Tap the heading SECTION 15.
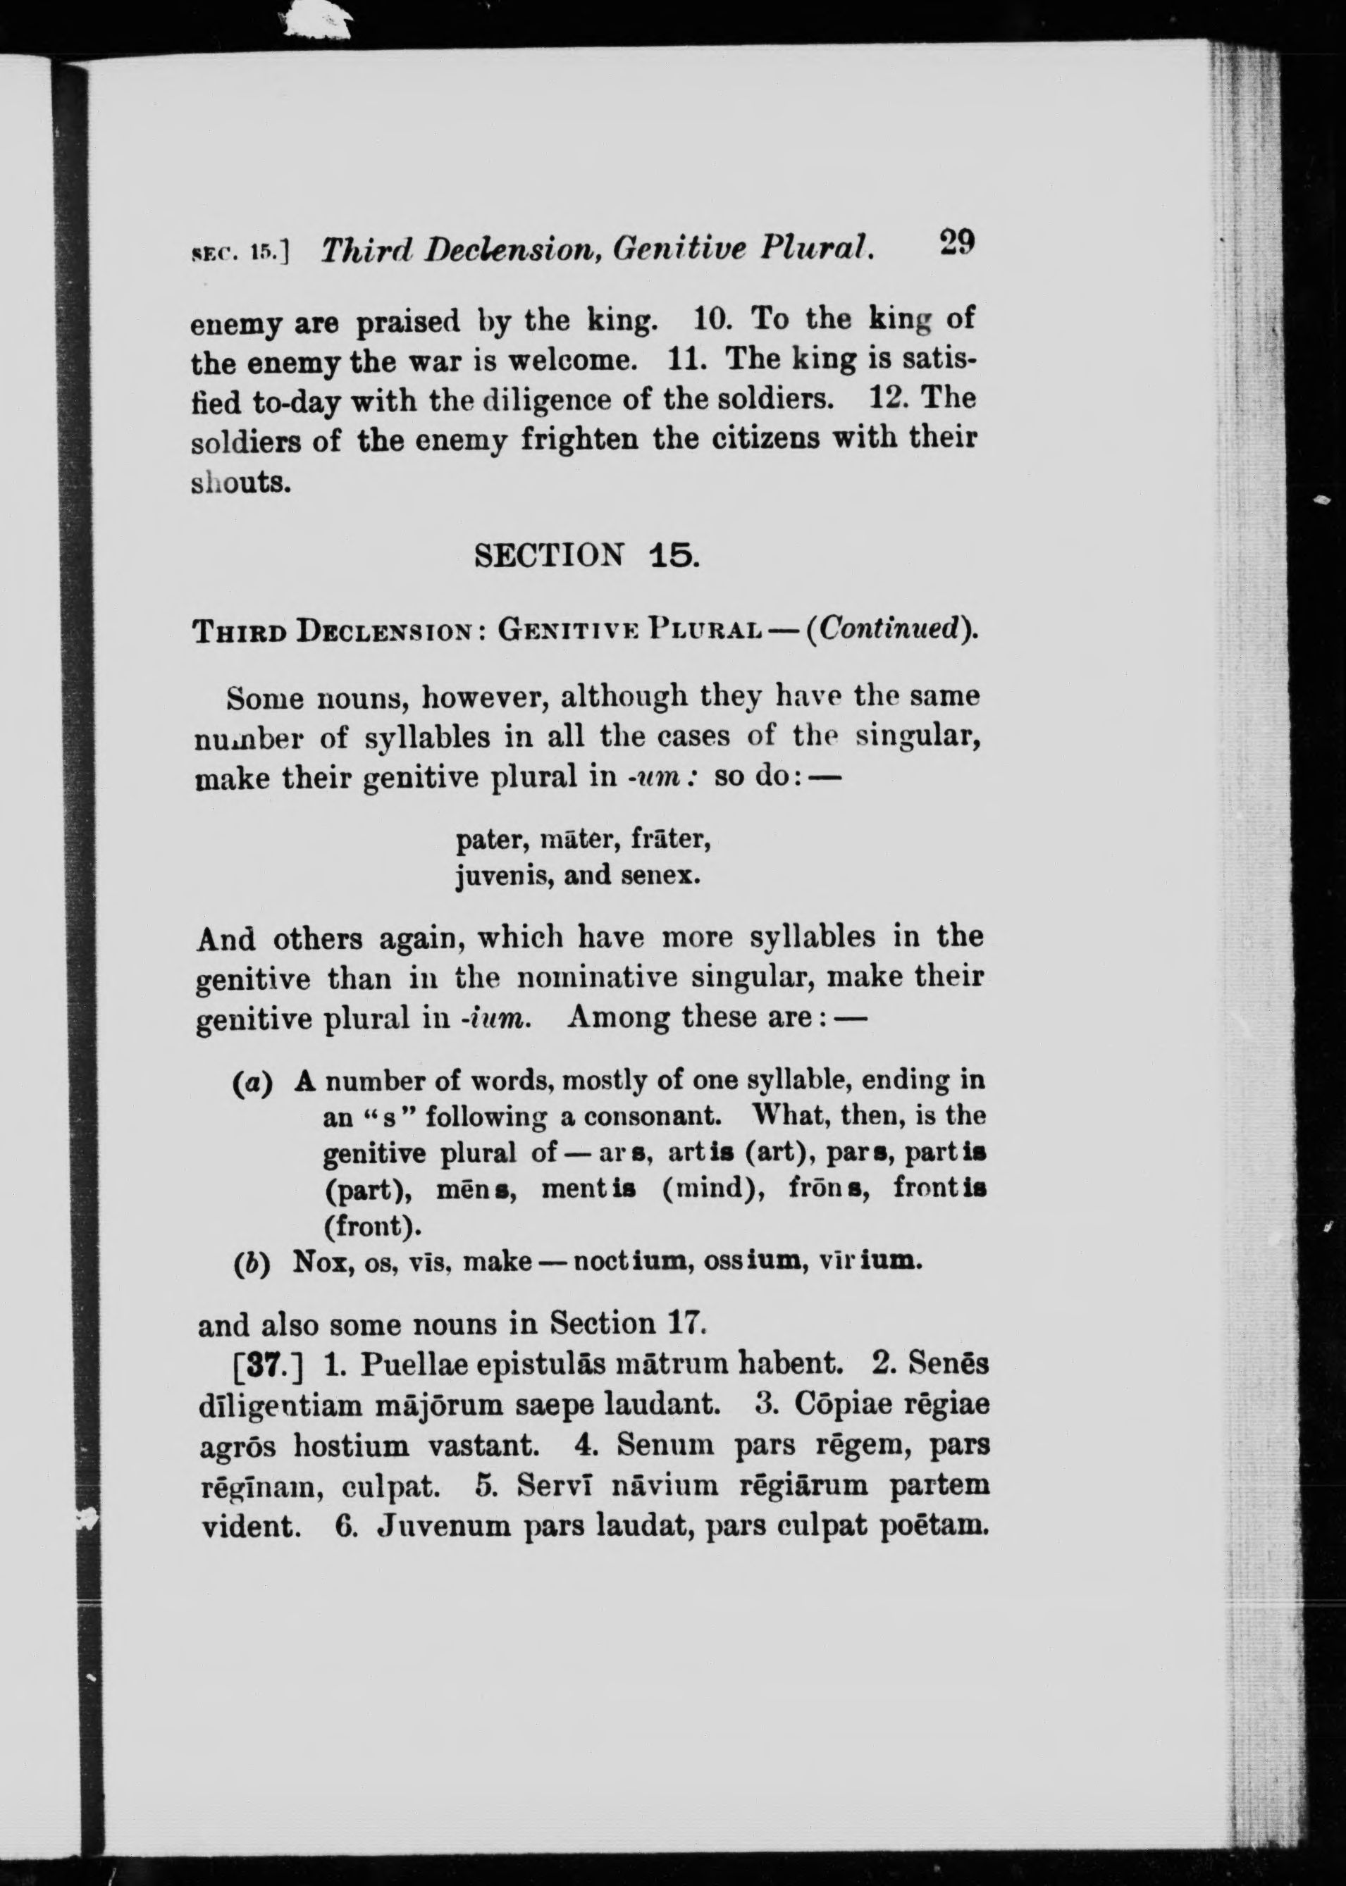[587, 554]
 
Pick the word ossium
[756, 1262]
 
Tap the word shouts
[241, 483]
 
